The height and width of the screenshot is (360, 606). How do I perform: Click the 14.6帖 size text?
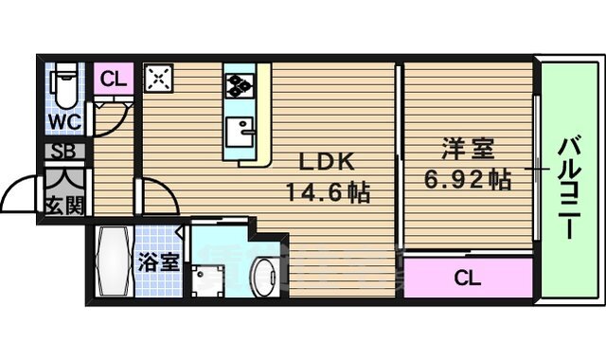coord(328,192)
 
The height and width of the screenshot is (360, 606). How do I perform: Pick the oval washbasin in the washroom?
coord(262,275)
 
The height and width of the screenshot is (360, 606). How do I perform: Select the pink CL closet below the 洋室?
coord(466,278)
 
